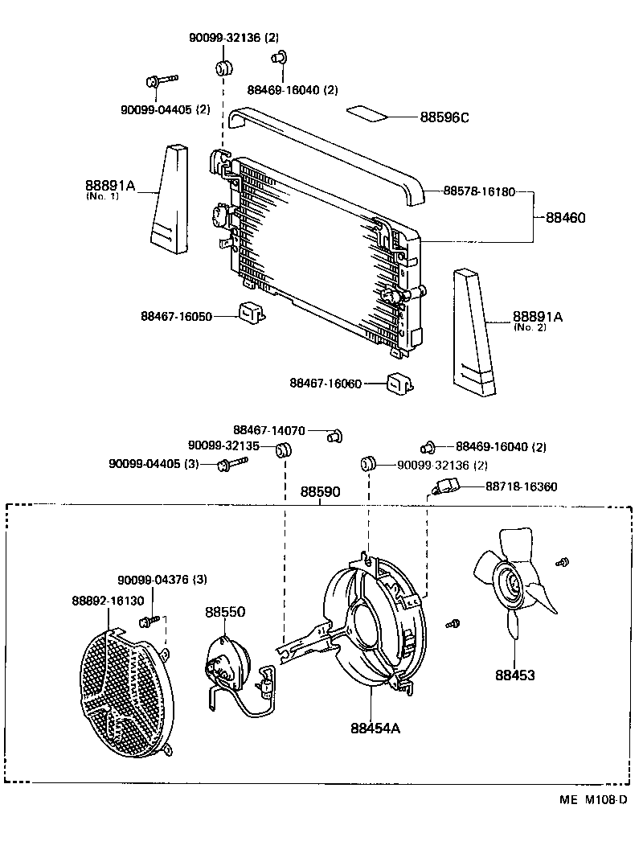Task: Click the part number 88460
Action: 566,217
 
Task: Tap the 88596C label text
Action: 444,117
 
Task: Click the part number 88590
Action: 320,491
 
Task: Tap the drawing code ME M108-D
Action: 594,799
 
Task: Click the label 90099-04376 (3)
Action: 162,580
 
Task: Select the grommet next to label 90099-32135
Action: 282,449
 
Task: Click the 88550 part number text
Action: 225,612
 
